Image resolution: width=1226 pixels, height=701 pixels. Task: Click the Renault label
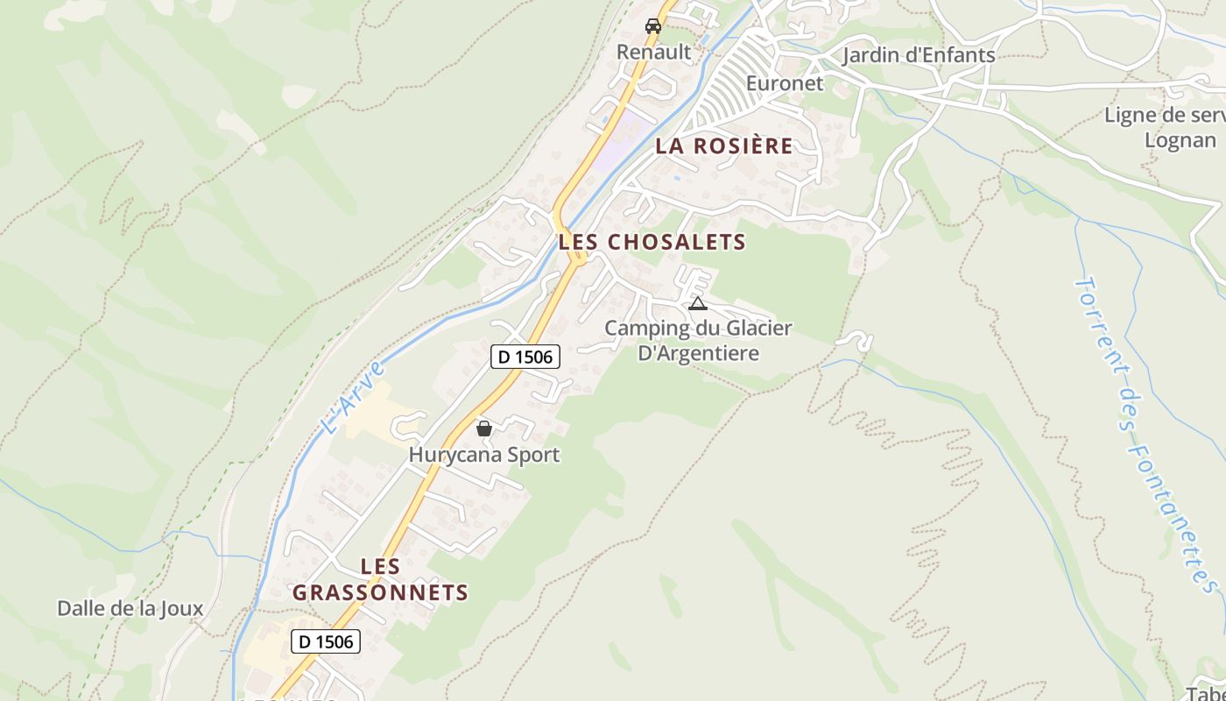point(653,52)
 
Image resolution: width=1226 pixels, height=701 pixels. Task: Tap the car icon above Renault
point(653,26)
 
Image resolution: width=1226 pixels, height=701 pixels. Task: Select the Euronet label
point(785,83)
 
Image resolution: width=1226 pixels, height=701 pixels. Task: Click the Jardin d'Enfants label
point(918,55)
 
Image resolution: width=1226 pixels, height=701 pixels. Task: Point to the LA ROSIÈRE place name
point(724,146)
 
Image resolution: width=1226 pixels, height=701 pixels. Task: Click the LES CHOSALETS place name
point(652,242)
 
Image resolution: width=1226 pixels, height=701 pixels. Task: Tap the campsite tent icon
point(697,304)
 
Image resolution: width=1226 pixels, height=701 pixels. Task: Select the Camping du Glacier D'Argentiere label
point(698,340)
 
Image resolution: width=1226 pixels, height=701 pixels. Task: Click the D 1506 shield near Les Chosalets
point(524,357)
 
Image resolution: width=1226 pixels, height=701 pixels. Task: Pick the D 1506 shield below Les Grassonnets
point(326,641)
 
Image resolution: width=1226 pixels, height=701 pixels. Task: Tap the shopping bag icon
point(483,428)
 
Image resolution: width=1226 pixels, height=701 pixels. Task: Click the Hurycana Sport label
point(483,455)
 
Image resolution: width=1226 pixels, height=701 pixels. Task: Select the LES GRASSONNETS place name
point(380,579)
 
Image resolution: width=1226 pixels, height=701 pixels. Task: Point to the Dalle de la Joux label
point(130,608)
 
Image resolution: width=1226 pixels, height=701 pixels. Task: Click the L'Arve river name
point(353,398)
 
